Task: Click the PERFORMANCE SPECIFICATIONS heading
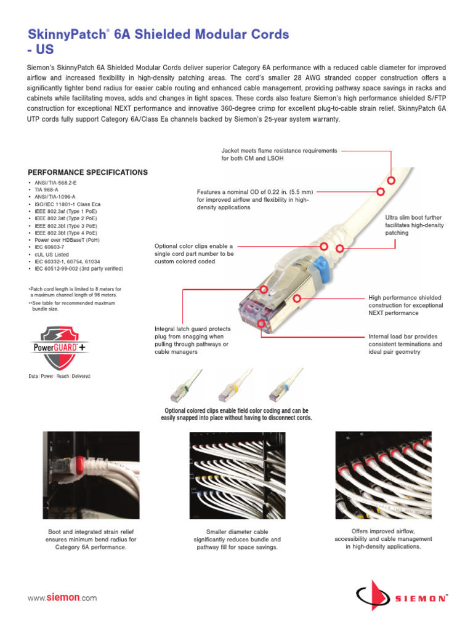(x=88, y=172)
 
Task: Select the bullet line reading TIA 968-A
(x=46, y=189)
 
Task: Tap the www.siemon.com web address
(x=62, y=597)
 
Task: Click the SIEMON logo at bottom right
(x=401, y=597)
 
